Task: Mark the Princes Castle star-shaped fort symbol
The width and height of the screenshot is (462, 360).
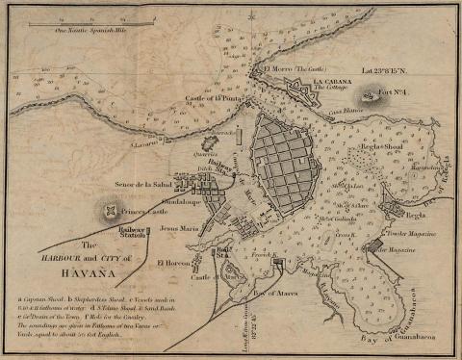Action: (113, 211)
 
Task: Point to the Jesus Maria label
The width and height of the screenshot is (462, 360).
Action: (182, 229)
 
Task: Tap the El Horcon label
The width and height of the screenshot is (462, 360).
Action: (169, 262)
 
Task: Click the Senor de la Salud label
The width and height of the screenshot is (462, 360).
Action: (142, 182)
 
